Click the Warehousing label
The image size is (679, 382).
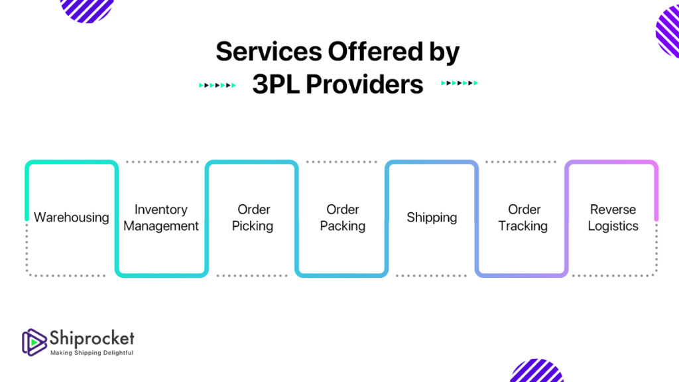point(72,217)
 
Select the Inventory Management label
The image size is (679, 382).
point(161,218)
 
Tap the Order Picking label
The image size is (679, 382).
point(253,218)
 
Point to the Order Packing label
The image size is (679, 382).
point(343,218)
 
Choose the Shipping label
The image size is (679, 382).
point(432,217)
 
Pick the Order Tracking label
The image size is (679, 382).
point(523,218)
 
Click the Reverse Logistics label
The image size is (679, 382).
point(613,218)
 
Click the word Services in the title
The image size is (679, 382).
point(269,52)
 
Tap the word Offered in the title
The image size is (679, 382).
point(375,52)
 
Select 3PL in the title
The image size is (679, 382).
point(276,84)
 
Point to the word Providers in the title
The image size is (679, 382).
point(365,84)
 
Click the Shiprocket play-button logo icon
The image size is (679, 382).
point(34,342)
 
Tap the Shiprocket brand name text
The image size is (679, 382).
point(92,338)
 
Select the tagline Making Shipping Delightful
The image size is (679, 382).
point(92,353)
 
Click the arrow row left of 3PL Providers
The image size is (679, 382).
point(217,86)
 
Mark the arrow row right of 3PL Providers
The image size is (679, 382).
point(460,83)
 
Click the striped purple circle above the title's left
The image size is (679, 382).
point(87,9)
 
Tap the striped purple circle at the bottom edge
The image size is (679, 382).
point(536,371)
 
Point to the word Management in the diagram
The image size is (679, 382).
point(161,226)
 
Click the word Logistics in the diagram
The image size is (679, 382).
point(613,226)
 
